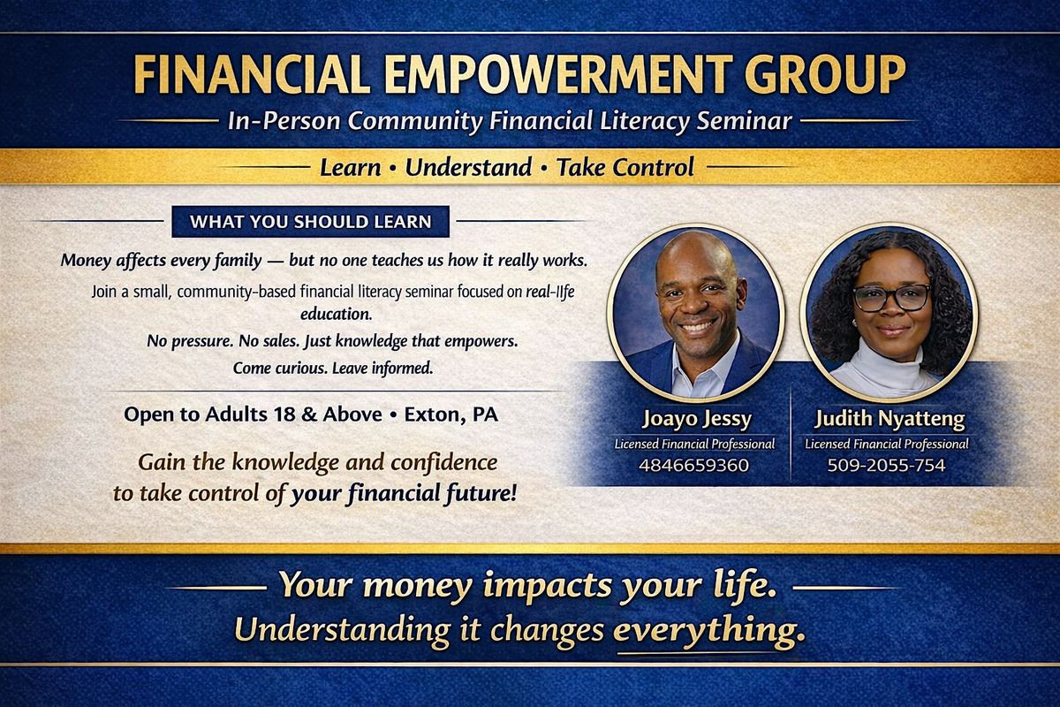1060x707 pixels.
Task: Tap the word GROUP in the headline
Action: click(825, 74)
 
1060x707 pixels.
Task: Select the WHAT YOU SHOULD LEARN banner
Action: click(310, 222)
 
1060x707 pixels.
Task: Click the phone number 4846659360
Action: click(693, 465)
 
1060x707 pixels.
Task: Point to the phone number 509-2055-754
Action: click(886, 465)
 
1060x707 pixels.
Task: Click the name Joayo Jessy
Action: click(697, 419)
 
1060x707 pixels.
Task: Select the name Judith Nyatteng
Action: click(890, 419)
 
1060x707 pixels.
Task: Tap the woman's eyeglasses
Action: click(891, 298)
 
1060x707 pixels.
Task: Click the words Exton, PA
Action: click(451, 414)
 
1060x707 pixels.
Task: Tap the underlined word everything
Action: click(708, 631)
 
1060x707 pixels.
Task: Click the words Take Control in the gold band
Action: click(625, 167)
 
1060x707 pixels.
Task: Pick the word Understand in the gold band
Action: click(468, 167)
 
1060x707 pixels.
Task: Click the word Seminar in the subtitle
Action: click(744, 120)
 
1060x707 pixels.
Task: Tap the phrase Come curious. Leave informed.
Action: click(333, 368)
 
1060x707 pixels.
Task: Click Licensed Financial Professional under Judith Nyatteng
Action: click(886, 444)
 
